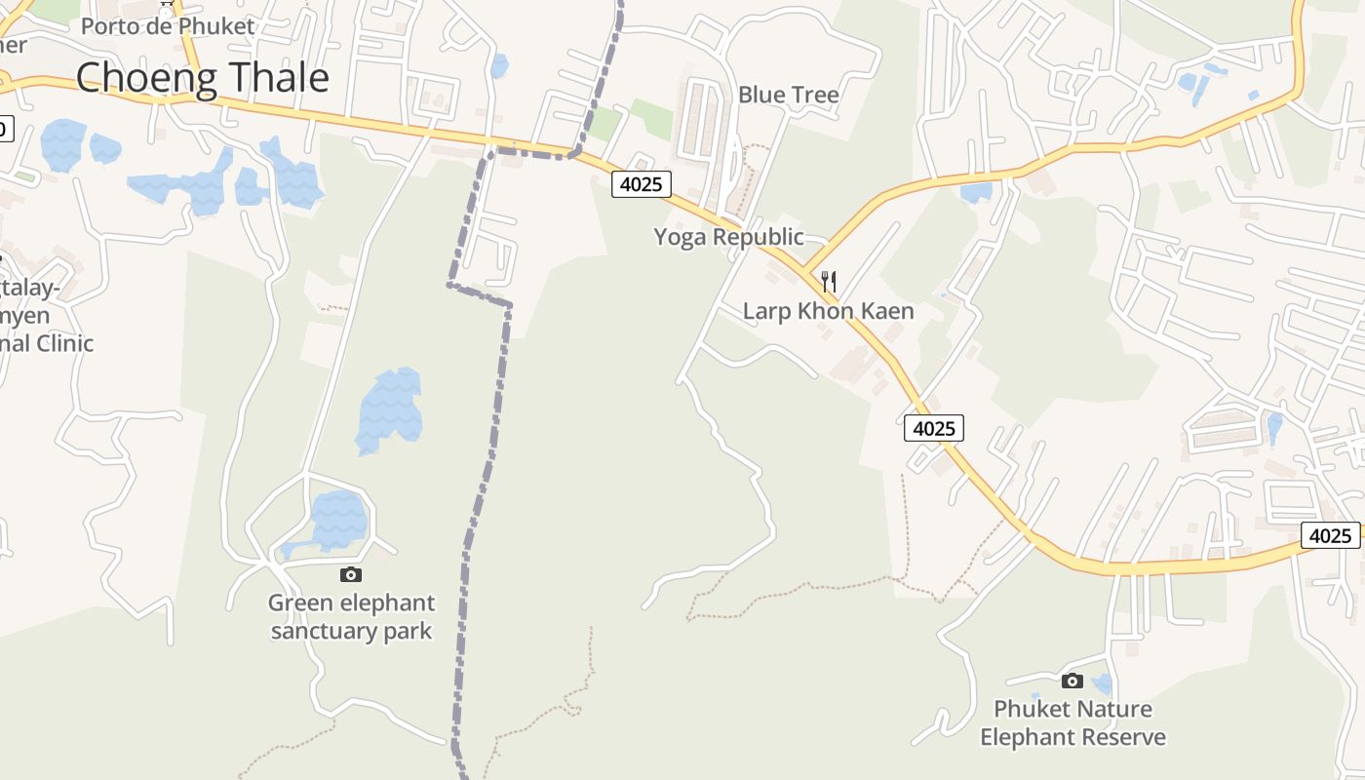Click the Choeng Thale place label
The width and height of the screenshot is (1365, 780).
point(202,77)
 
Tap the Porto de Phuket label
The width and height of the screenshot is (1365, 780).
point(167,26)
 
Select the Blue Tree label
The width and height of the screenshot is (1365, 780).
point(788,95)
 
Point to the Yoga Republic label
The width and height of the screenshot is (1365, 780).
point(728,237)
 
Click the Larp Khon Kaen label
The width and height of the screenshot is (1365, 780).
point(828,311)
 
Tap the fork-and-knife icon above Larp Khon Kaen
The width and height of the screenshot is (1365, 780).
point(828,283)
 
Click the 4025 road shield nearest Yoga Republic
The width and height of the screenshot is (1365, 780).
point(642,184)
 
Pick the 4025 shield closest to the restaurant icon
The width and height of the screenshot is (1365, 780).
point(933,428)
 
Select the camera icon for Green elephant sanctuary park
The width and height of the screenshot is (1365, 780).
point(351,574)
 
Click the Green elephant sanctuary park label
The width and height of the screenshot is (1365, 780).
point(351,616)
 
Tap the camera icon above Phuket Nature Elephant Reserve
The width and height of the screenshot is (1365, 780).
point(1072,681)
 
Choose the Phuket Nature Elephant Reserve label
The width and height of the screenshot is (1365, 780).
point(1072,722)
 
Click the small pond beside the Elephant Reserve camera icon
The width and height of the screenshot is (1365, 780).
point(1102,683)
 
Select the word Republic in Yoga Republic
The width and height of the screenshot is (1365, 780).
point(757,237)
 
